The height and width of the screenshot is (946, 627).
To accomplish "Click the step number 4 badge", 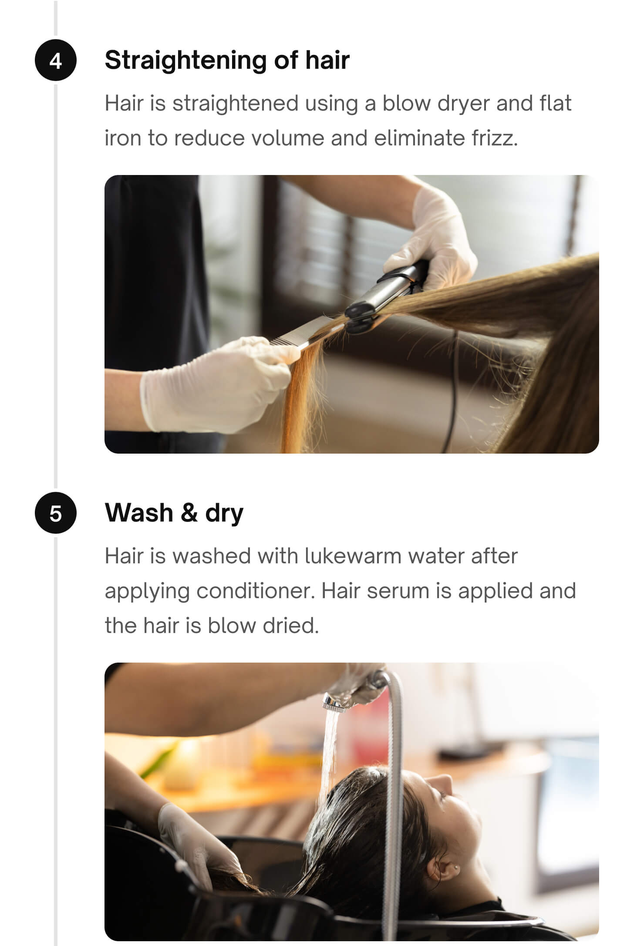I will click(55, 61).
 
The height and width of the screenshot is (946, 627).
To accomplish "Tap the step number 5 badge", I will click(55, 513).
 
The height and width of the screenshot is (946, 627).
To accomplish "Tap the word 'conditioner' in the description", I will click(254, 591).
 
